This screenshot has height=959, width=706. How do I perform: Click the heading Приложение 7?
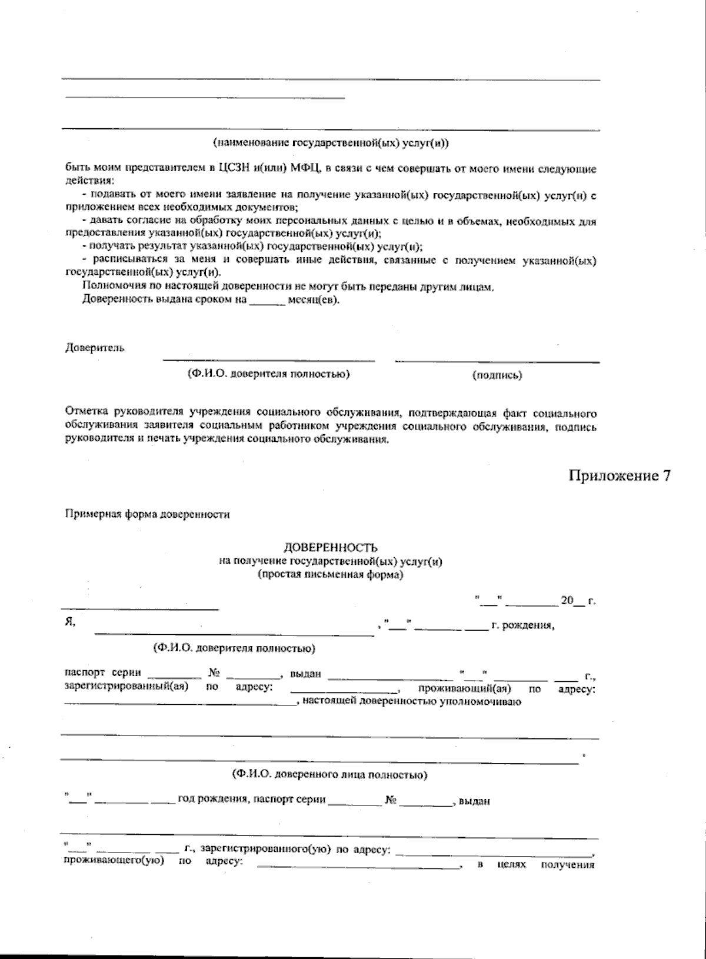tap(619, 476)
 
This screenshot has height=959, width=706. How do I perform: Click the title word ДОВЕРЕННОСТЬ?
tap(331, 548)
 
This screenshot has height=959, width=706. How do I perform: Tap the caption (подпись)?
tap(497, 375)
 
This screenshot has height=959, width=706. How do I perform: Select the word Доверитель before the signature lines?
tap(94, 348)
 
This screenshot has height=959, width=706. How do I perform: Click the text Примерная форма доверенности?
tap(147, 514)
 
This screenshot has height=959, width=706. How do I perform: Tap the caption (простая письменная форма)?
tap(331, 575)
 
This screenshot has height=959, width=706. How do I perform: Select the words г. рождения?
tap(522, 625)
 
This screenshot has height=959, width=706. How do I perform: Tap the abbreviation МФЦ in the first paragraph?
tap(305, 169)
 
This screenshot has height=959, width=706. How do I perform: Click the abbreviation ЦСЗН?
tap(235, 169)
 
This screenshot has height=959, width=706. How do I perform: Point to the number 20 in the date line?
tap(566, 601)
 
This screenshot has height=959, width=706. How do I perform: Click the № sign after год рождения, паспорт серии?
tap(391, 801)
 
